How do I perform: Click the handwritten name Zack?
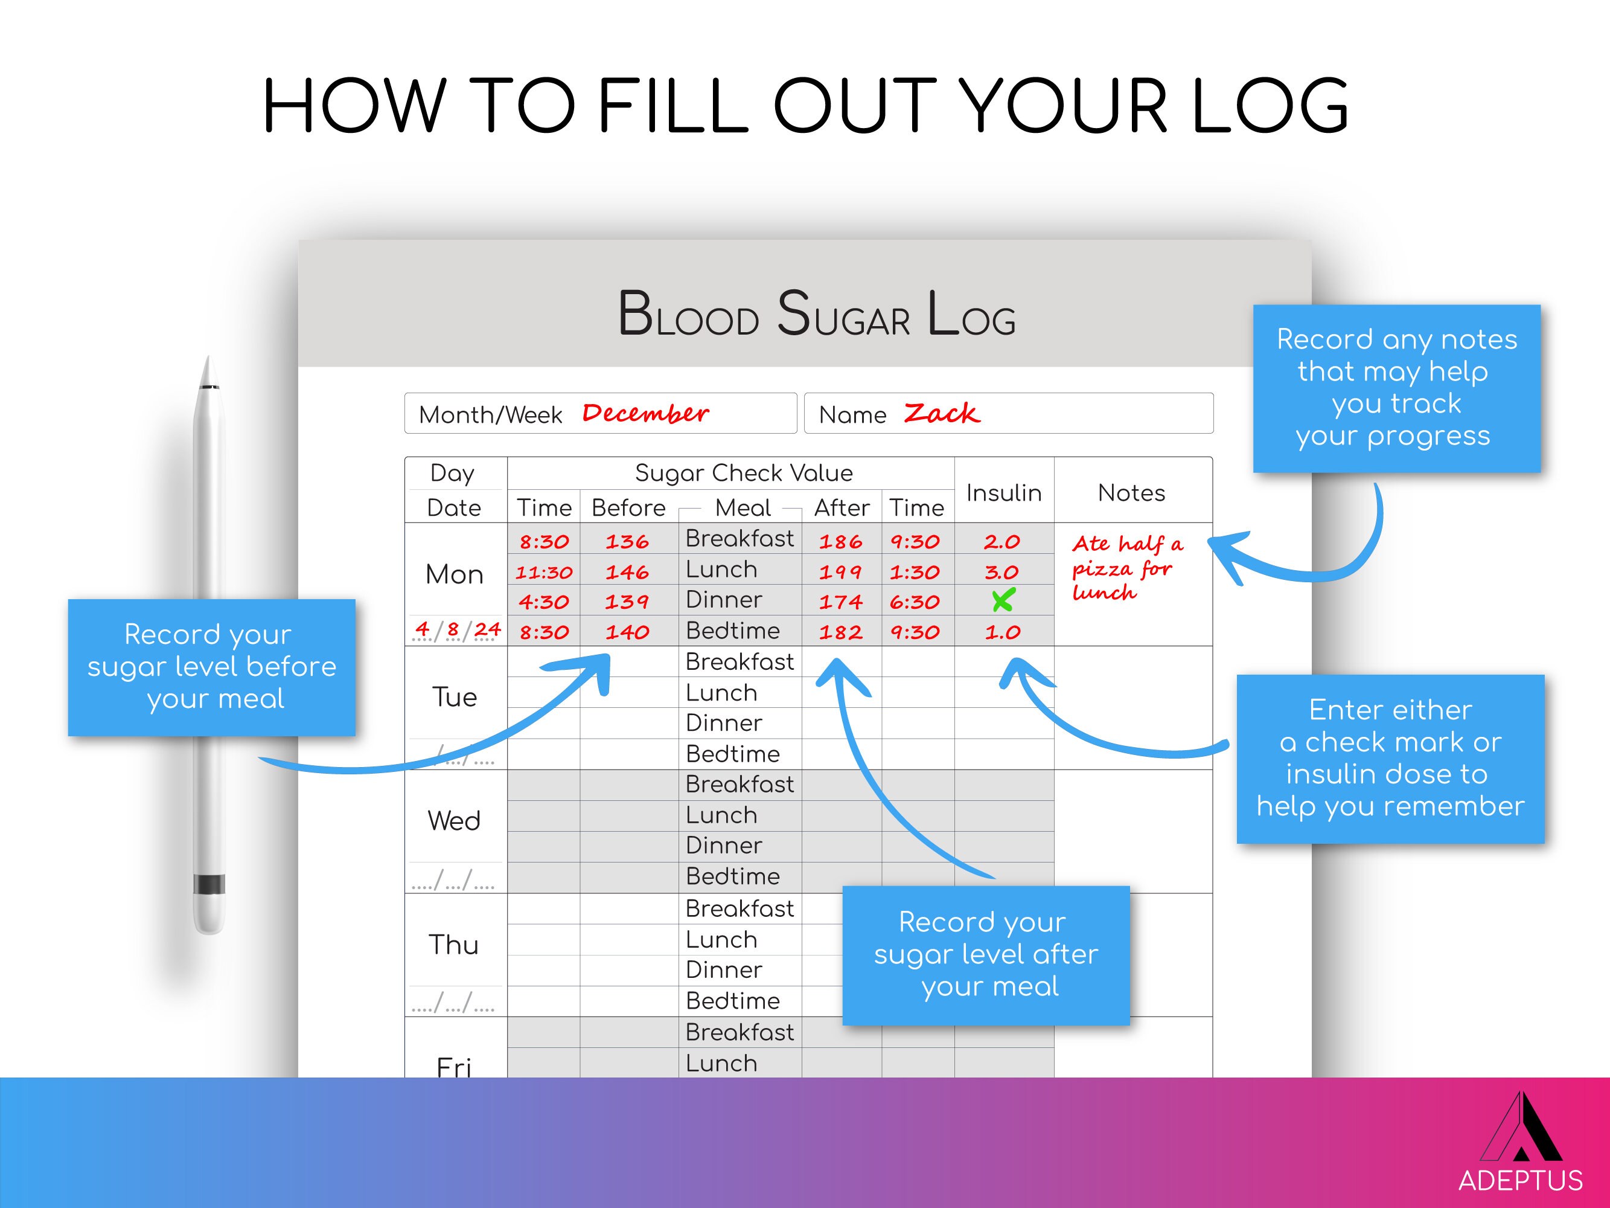click(x=941, y=414)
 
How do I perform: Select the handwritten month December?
click(x=645, y=414)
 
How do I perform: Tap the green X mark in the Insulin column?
click(x=1003, y=601)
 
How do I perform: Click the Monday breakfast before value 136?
click(x=627, y=542)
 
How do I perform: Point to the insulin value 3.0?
click(x=1001, y=573)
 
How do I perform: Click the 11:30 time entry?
click(x=544, y=573)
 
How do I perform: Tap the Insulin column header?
click(x=1004, y=493)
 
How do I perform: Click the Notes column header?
click(x=1131, y=493)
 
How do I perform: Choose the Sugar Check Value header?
click(x=743, y=474)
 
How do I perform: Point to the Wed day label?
click(x=454, y=821)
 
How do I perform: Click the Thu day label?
click(x=453, y=945)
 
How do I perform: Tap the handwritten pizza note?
click(x=1126, y=568)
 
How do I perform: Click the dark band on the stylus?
click(x=209, y=884)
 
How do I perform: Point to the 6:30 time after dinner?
click(x=915, y=602)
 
